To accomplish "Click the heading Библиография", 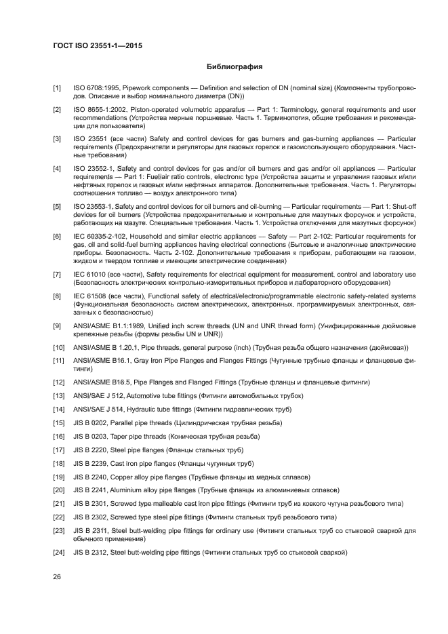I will pyautogui.click(x=234, y=67).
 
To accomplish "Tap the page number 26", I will pyautogui.click(x=58, y=576).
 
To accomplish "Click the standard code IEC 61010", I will pyautogui.click(x=88, y=274).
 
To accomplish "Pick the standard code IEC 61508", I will pyautogui.click(x=88, y=296).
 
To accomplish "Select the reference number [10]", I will pyautogui.click(x=58, y=348).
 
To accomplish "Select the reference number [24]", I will pyautogui.click(x=58, y=553).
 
